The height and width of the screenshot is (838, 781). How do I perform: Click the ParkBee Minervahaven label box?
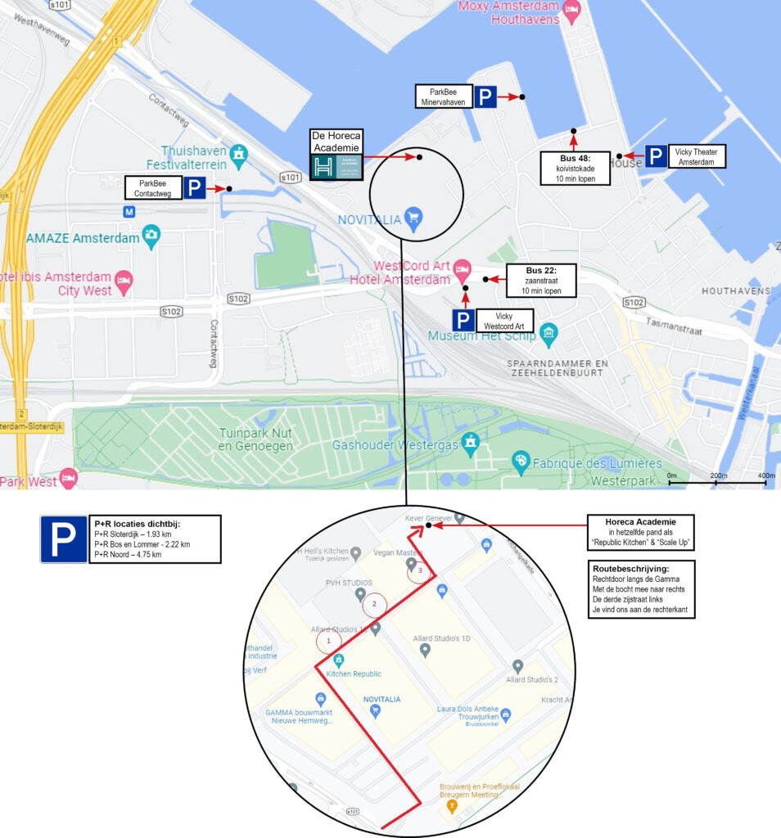click(442, 97)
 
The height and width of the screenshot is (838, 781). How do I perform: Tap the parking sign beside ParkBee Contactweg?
click(194, 189)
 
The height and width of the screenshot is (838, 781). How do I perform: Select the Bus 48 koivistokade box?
click(575, 168)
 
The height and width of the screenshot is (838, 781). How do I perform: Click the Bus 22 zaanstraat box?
click(539, 281)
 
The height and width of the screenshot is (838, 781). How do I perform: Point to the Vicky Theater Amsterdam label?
click(700, 156)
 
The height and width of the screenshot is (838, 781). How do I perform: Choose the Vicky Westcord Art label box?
click(504, 321)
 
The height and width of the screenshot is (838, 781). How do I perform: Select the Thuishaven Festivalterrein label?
click(193, 156)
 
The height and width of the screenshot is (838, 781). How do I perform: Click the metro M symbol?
click(128, 210)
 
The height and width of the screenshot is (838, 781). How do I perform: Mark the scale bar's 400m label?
click(766, 475)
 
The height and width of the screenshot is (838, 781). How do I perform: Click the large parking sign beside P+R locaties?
click(64, 539)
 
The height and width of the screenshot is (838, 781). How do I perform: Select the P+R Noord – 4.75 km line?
click(128, 554)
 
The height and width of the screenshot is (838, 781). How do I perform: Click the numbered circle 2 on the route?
click(374, 605)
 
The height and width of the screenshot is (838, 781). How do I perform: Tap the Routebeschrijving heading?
click(629, 567)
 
